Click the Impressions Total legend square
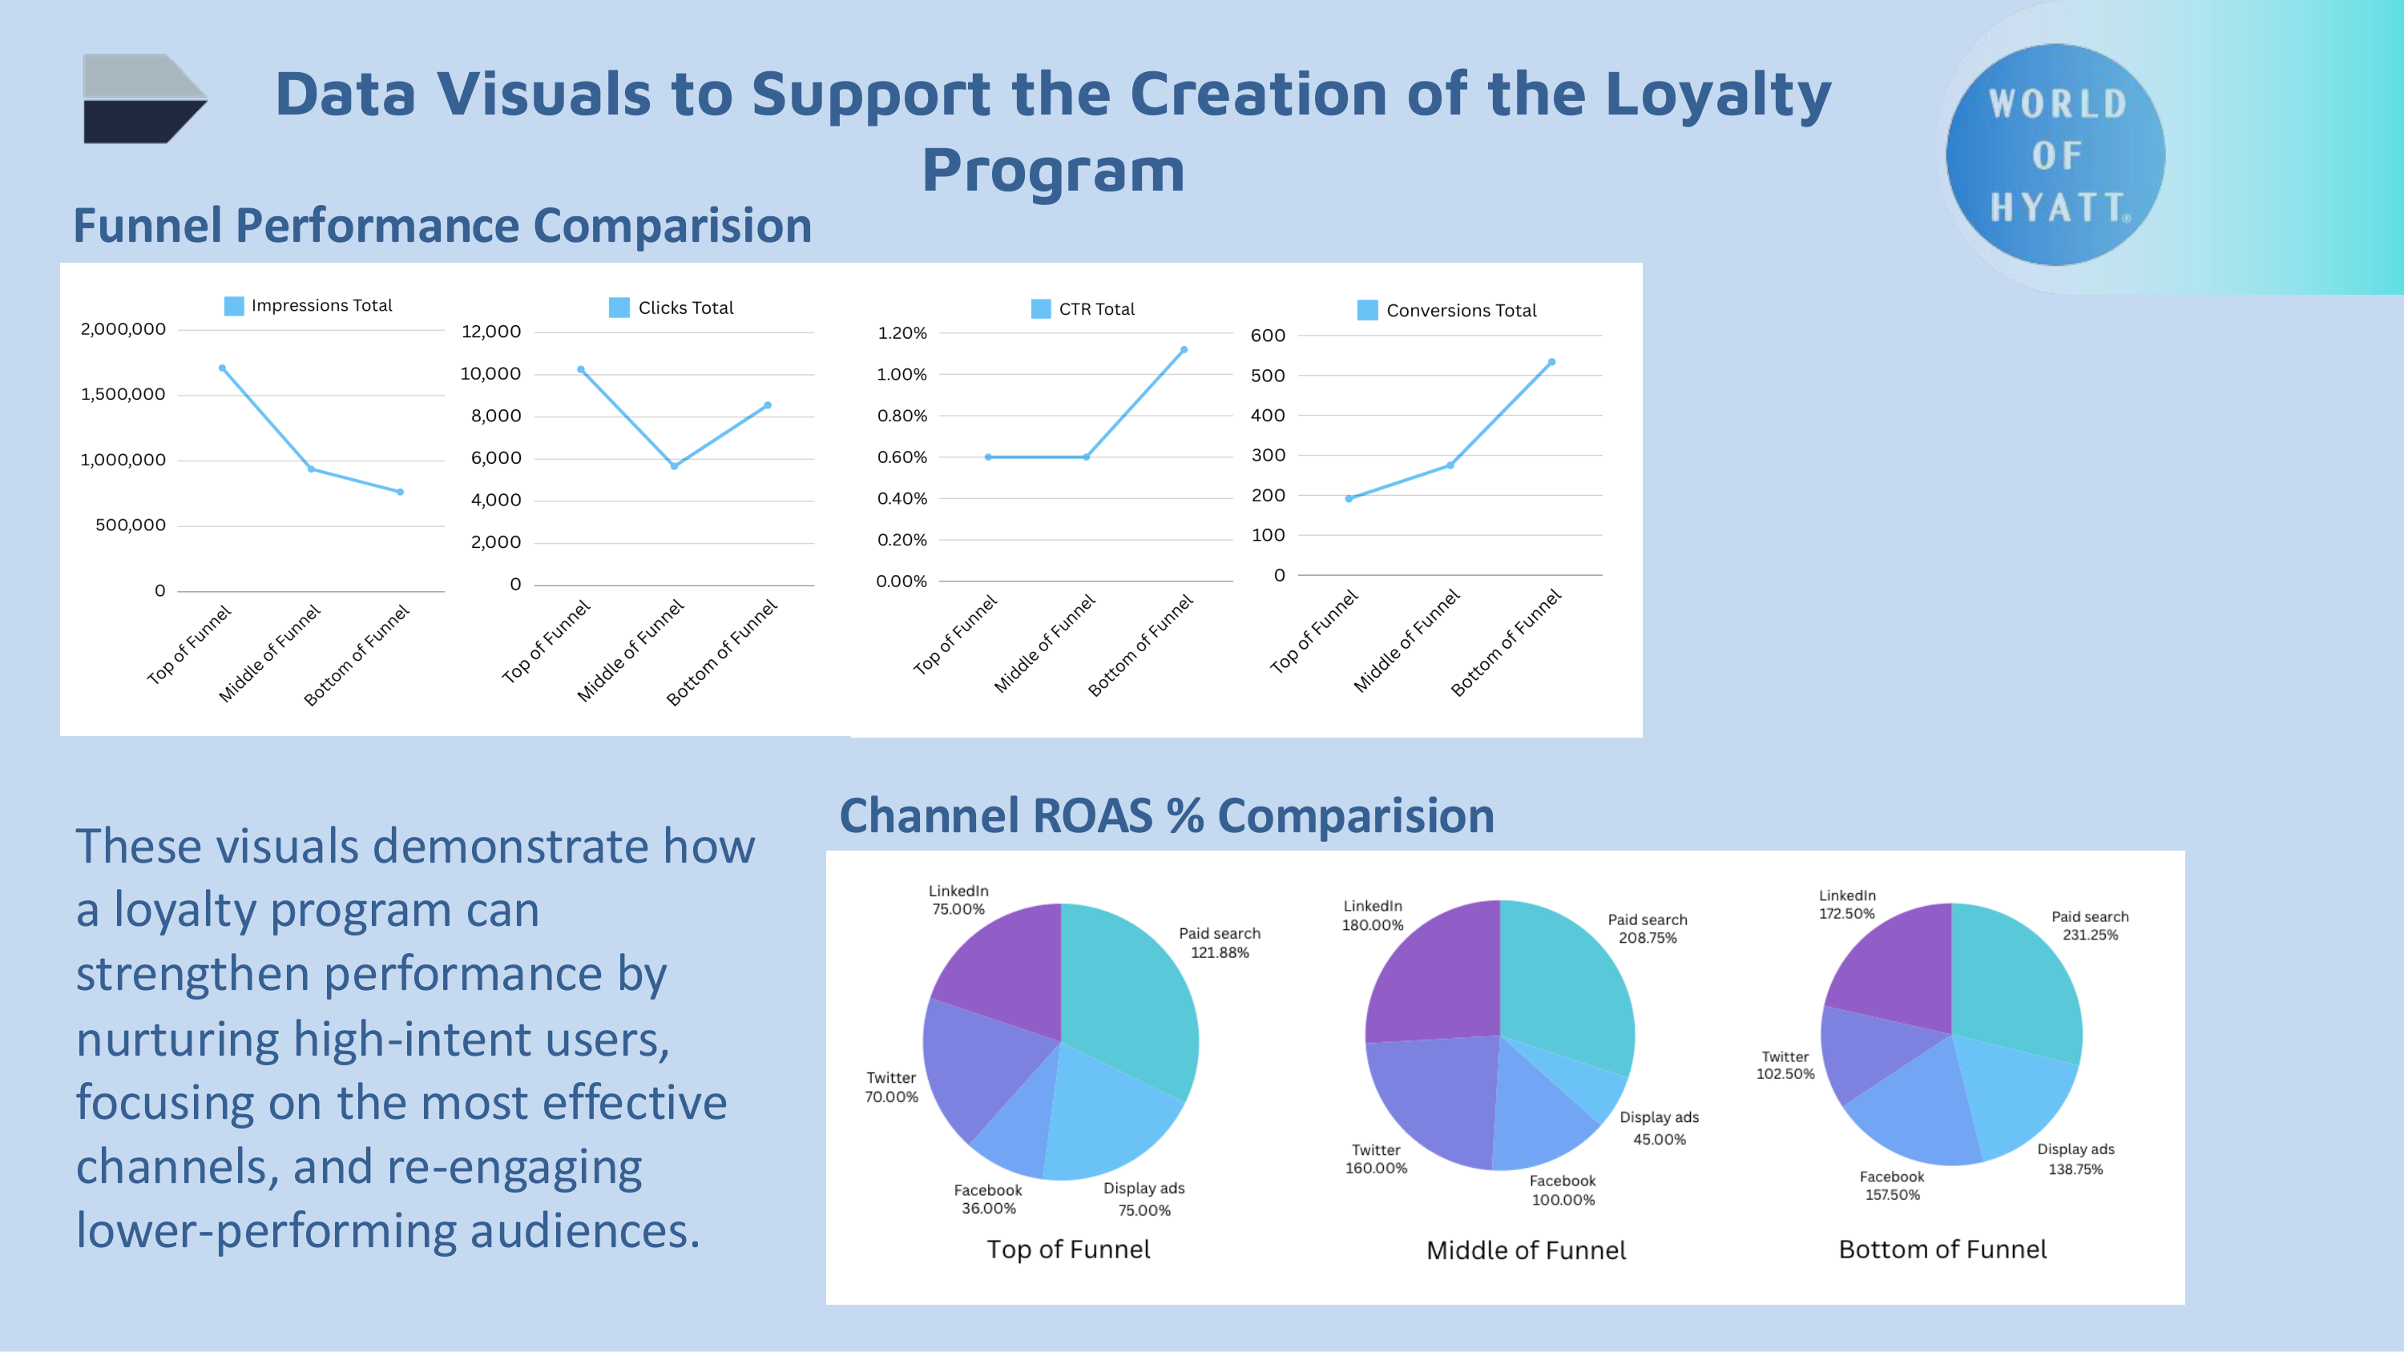234,305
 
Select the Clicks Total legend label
685,308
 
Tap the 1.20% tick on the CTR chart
901,333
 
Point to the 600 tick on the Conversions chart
1268,336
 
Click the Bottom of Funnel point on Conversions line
1552,362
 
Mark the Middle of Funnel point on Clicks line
674,465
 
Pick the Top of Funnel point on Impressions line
222,368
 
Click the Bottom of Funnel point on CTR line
1184,350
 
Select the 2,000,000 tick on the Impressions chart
123,329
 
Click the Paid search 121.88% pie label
1219,943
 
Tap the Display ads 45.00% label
1658,1127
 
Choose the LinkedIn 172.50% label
1846,904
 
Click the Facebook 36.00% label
988,1199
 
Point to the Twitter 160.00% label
1376,1159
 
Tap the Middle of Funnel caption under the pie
1526,1250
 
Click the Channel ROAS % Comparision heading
1167,815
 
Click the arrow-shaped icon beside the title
145,98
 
